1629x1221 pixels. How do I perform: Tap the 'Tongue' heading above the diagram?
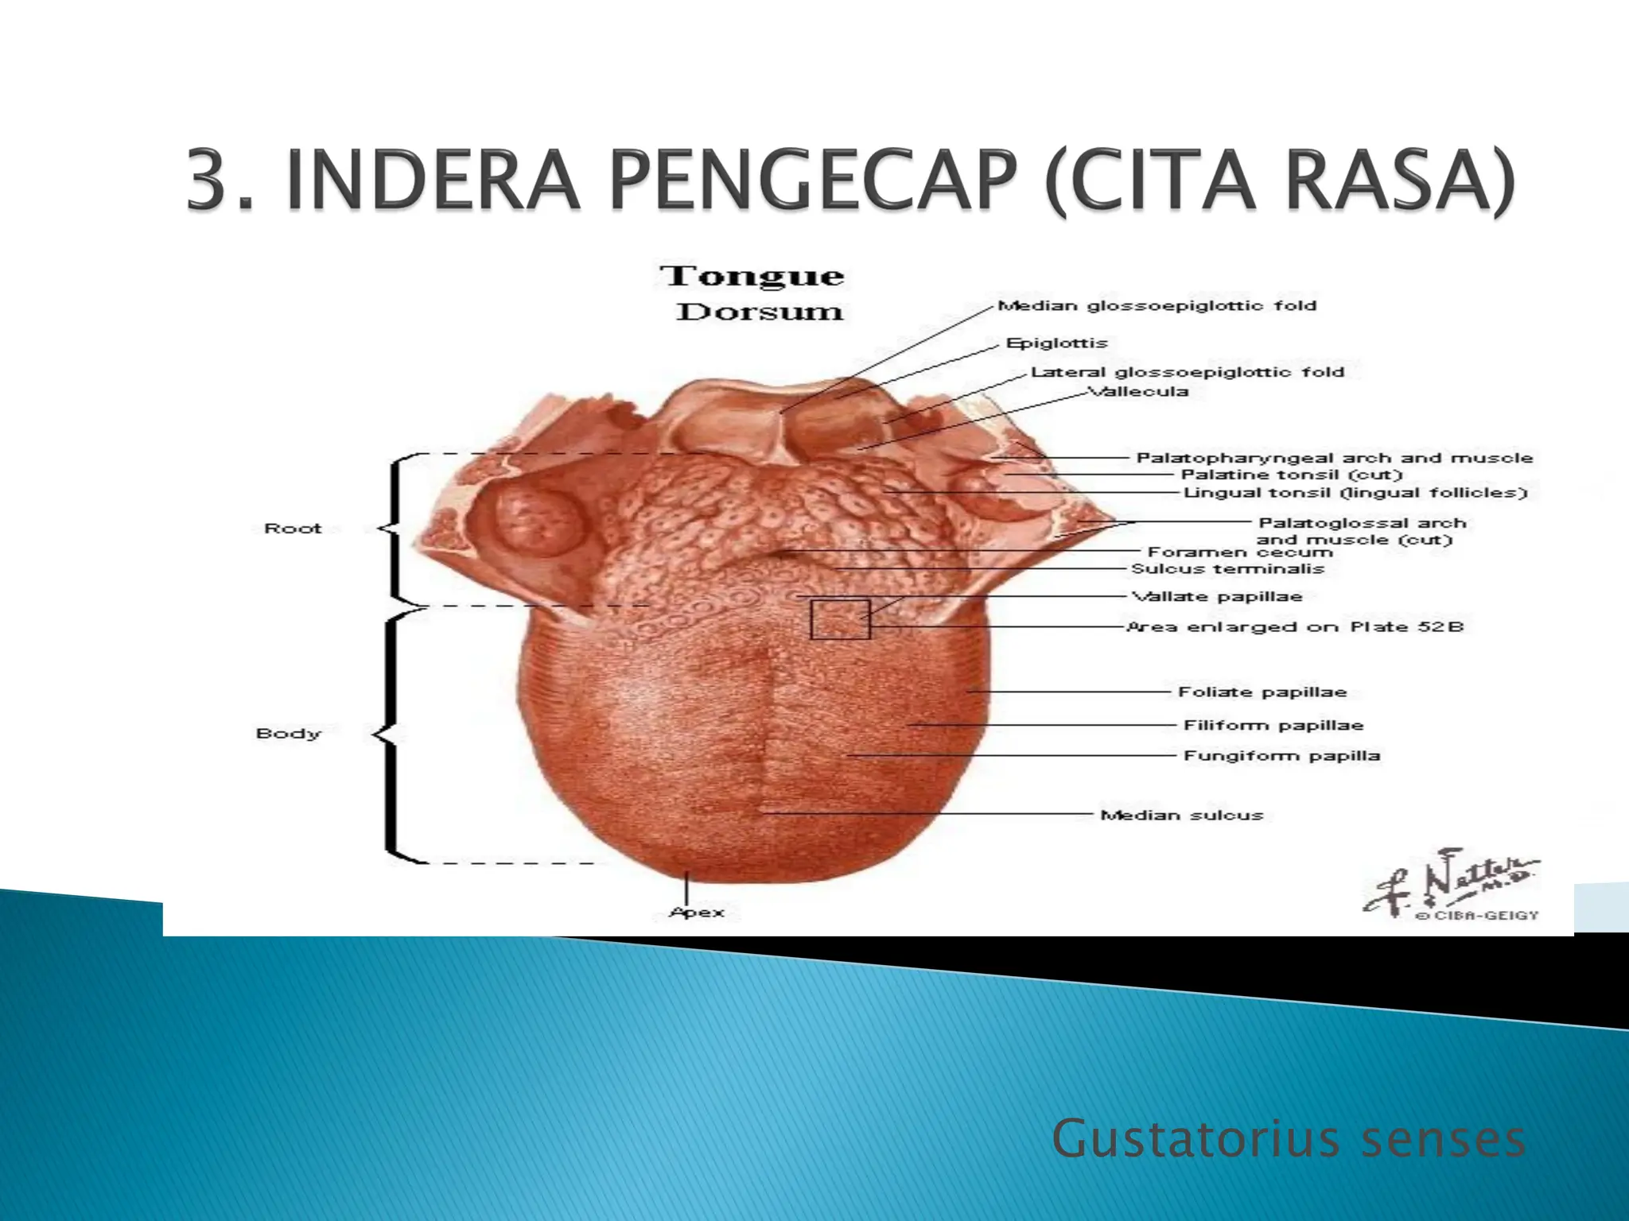coord(752,277)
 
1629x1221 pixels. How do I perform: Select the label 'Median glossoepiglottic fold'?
coord(1157,305)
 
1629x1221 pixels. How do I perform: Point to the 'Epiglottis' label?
coord(1056,343)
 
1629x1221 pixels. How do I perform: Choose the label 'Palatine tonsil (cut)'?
coord(1290,475)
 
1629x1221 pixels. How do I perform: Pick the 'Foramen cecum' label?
coord(1239,552)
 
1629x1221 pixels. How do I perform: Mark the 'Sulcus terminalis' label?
coord(1227,569)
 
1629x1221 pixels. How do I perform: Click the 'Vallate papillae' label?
coord(1217,596)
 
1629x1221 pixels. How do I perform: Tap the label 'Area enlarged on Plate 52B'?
coord(1295,627)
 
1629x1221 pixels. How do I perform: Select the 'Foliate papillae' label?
coord(1262,692)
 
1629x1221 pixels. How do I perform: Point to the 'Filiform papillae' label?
coord(1273,725)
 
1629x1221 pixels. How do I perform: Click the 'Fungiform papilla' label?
coord(1281,755)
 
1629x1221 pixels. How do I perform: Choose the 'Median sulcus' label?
coord(1181,815)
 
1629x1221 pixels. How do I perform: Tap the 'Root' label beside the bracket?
coord(293,529)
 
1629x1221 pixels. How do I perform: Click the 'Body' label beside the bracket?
coord(288,734)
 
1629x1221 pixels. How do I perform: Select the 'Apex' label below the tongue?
coord(697,913)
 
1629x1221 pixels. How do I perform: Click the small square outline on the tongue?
coord(840,619)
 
